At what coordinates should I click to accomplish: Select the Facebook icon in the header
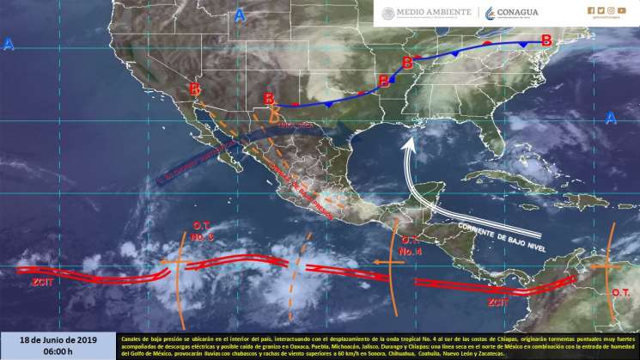(x=591, y=10)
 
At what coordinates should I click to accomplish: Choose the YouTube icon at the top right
(x=622, y=10)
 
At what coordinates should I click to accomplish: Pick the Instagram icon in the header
(x=611, y=10)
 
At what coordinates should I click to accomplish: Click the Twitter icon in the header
(x=600, y=10)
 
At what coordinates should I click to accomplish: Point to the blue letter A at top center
(x=240, y=15)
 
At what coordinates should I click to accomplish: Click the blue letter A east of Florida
(x=611, y=118)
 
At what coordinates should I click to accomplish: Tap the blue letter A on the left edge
(x=9, y=44)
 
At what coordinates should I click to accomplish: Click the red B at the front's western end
(x=196, y=88)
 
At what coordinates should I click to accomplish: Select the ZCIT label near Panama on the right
(x=498, y=302)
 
